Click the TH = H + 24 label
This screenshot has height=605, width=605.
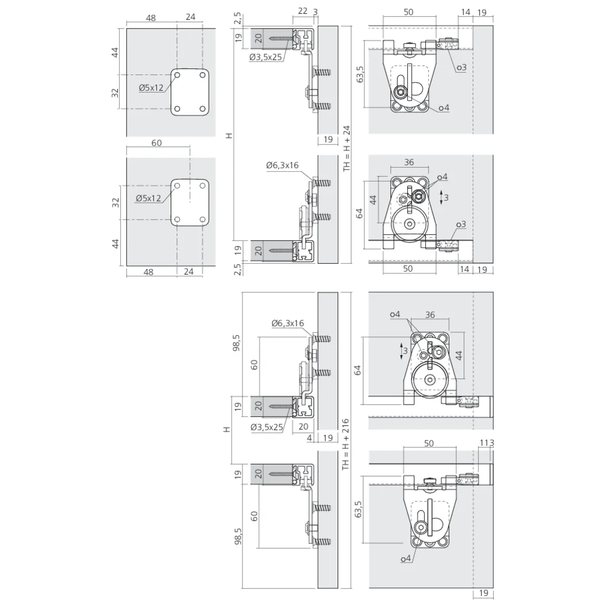coord(347,148)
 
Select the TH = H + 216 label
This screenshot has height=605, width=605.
coord(345,444)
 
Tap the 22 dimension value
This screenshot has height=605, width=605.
coord(303,11)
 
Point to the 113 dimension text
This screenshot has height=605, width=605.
coord(486,443)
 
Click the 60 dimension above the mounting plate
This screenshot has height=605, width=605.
coord(156,143)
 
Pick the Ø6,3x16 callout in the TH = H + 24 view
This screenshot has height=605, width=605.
coord(282,165)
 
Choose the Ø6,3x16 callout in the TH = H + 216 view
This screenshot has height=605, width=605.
coord(287,323)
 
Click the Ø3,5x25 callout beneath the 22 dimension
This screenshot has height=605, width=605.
coord(266,57)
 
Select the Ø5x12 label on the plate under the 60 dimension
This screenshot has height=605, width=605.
coord(148,198)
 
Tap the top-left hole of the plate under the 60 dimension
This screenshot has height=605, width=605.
coord(177,186)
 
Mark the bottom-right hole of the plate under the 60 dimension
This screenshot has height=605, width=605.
coord(203,220)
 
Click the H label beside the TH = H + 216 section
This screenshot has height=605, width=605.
coord(227,430)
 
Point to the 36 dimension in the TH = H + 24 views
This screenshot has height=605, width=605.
coord(409,162)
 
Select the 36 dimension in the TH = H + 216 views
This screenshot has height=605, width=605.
coord(430,315)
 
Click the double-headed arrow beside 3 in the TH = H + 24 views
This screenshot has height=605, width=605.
coord(442,197)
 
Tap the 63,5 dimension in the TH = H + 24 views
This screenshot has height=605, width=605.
coord(361,74)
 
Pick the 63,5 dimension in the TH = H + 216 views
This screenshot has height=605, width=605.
coord(358,509)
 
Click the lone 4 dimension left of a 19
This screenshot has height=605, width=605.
coord(309,438)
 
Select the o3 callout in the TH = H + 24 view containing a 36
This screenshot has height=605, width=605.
coord(461,224)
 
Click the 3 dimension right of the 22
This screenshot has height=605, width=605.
coord(315,12)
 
